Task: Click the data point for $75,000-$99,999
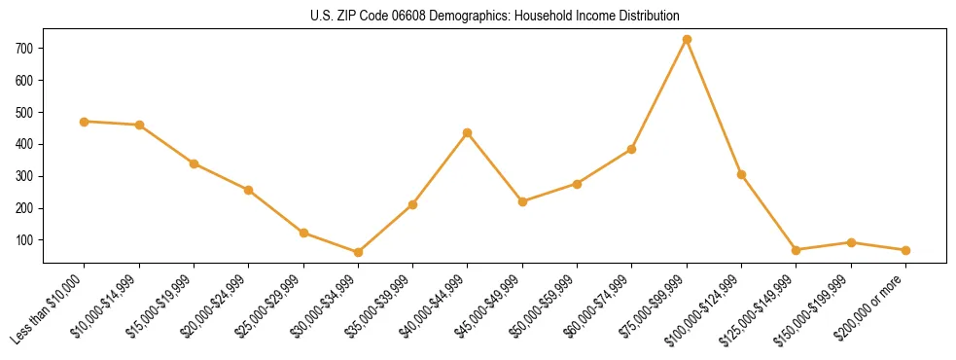pyautogui.click(x=687, y=39)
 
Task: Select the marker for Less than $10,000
pyautogui.click(x=85, y=122)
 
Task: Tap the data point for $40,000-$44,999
pyautogui.click(x=468, y=132)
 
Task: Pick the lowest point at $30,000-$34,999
pyautogui.click(x=358, y=252)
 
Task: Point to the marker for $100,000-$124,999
pyautogui.click(x=741, y=174)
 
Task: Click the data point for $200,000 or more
pyautogui.click(x=905, y=250)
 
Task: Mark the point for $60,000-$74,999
pyautogui.click(x=632, y=149)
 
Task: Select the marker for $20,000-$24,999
pyautogui.click(x=249, y=190)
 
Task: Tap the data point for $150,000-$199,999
pyautogui.click(x=851, y=242)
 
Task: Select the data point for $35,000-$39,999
pyautogui.click(x=412, y=204)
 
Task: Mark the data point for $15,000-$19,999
pyautogui.click(x=195, y=163)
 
